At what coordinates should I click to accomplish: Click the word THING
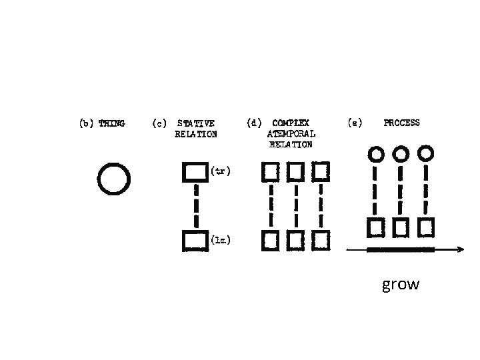click(x=111, y=123)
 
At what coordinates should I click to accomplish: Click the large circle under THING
click(x=113, y=179)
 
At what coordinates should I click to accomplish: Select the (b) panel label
click(x=87, y=123)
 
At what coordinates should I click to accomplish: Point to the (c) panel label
click(x=159, y=123)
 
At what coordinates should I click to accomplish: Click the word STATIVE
click(x=196, y=123)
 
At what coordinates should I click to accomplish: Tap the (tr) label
click(x=221, y=171)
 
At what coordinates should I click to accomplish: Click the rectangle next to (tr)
click(x=194, y=173)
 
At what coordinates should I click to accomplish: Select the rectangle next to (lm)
click(x=194, y=241)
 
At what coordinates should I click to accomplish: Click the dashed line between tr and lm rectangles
click(x=196, y=207)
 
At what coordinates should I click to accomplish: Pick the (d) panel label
click(x=254, y=123)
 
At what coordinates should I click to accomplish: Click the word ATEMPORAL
click(x=291, y=133)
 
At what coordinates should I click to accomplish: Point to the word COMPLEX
click(x=291, y=123)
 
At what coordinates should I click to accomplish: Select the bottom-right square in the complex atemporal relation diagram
click(x=321, y=239)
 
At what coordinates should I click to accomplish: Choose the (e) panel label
click(x=355, y=123)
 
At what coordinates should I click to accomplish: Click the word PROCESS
click(x=401, y=123)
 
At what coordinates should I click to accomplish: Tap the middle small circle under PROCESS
click(x=401, y=154)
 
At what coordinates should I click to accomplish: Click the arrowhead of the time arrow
click(x=461, y=249)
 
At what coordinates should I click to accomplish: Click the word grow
click(x=401, y=285)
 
